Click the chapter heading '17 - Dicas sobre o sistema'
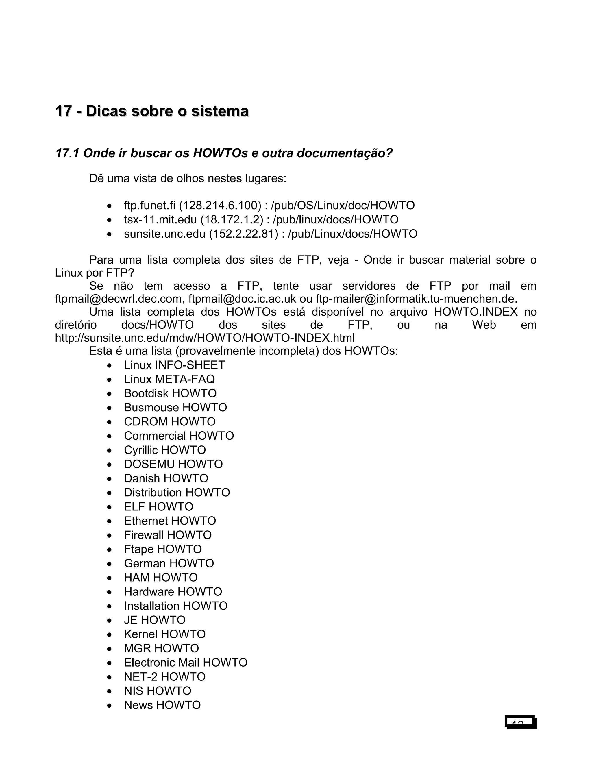pyautogui.click(x=152, y=111)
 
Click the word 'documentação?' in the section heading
pyautogui.click(x=344, y=153)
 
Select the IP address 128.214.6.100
pyautogui.click(x=220, y=206)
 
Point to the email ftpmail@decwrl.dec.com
pyautogui.click(x=119, y=299)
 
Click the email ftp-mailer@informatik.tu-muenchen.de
pyautogui.click(x=416, y=299)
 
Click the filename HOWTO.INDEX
pyautogui.click(x=476, y=312)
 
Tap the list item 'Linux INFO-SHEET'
pyautogui.click(x=174, y=365)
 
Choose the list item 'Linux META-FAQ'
pyautogui.click(x=169, y=379)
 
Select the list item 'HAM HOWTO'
pyautogui.click(x=161, y=578)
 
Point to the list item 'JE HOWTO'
pyautogui.click(x=154, y=620)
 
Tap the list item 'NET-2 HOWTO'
pyautogui.click(x=164, y=677)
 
